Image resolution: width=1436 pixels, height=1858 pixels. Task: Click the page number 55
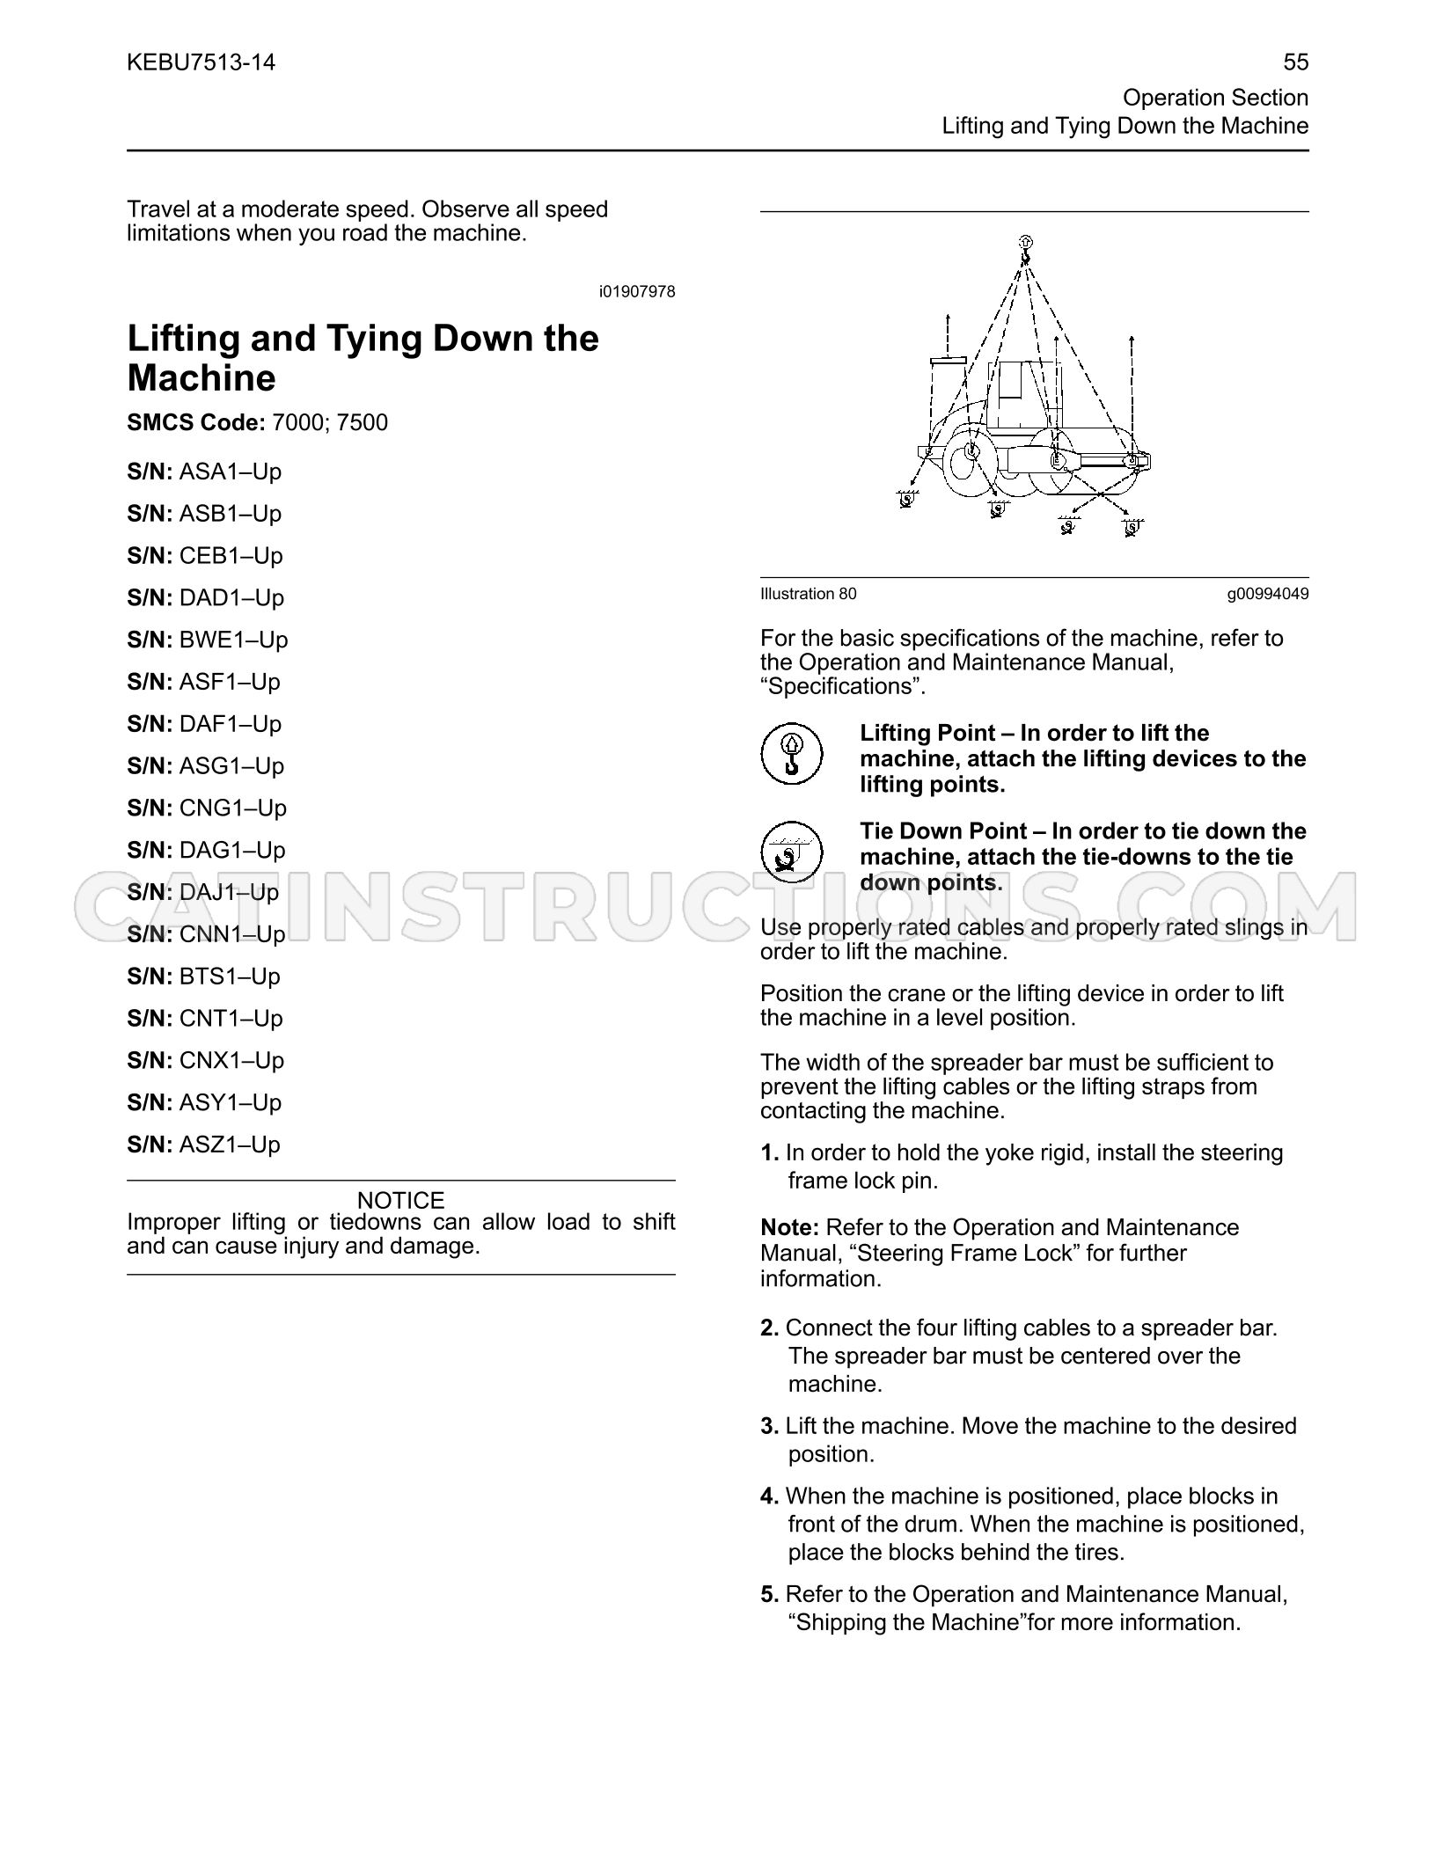pos(1295,62)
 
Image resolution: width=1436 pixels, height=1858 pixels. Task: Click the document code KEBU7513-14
pos(201,62)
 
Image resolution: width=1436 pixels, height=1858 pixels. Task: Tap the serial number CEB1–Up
pos(231,556)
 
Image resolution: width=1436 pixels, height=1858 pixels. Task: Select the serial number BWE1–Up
pos(234,640)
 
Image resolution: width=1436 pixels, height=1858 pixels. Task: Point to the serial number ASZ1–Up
pos(230,1145)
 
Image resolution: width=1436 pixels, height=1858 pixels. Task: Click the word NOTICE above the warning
pos(401,1200)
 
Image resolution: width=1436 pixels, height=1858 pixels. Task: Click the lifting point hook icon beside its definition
pos(791,754)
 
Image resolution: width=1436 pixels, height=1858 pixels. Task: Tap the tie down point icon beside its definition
pos(791,852)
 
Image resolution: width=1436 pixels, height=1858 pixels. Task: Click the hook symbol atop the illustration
pos(1025,248)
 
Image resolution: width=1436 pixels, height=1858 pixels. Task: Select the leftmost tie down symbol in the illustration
pos(906,499)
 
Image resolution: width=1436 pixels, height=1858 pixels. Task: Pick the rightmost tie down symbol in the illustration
pos(1132,526)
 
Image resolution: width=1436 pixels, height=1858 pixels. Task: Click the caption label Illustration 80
pos(808,594)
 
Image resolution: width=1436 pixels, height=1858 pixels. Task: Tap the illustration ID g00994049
pos(1268,594)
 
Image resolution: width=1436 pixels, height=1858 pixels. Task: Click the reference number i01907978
pos(637,292)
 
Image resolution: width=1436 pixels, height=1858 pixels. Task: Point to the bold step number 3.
pos(770,1426)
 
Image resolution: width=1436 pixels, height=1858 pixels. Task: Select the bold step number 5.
pos(770,1594)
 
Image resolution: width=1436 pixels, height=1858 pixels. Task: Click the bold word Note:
pos(790,1227)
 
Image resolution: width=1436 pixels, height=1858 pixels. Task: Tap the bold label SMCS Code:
pos(196,423)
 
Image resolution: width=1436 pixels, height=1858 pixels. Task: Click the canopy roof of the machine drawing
pos(948,361)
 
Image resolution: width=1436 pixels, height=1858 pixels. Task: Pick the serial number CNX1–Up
pos(232,1060)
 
